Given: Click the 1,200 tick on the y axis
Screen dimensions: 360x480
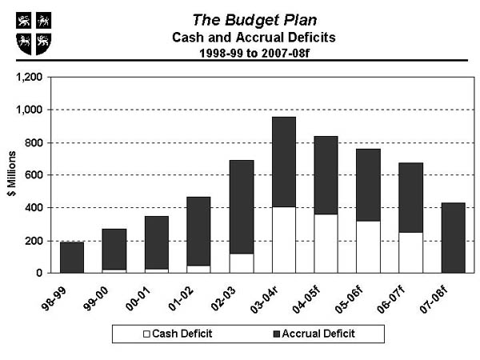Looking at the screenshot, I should click(x=29, y=77).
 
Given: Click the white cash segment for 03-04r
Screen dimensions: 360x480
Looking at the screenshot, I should click(x=284, y=240).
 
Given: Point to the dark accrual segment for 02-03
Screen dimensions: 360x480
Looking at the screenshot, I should click(x=242, y=207).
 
